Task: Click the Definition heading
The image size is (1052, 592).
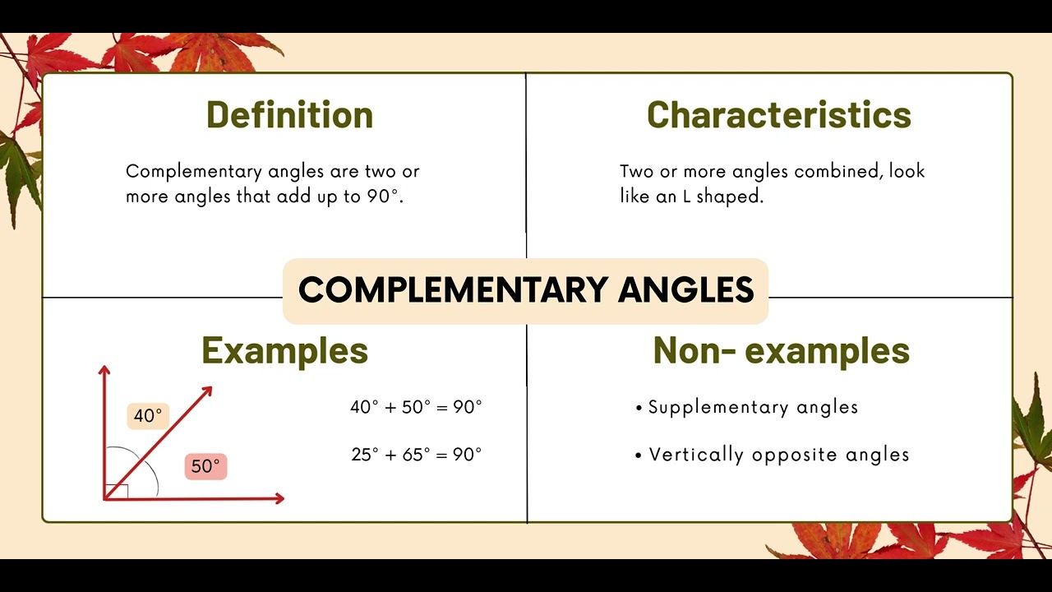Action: (289, 115)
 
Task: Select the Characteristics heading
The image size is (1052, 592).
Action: (779, 115)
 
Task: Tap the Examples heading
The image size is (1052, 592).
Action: (284, 351)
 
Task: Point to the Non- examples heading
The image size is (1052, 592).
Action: (781, 351)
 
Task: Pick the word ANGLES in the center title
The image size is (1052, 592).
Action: (685, 290)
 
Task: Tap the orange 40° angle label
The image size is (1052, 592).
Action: (148, 416)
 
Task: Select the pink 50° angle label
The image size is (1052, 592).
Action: (205, 466)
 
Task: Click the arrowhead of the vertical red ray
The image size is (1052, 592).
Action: (104, 372)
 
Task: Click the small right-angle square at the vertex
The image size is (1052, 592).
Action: (117, 491)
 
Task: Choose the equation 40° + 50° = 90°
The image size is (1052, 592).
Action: (416, 407)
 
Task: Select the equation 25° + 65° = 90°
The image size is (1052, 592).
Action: (416, 455)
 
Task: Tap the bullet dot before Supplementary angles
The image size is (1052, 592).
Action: (639, 408)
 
